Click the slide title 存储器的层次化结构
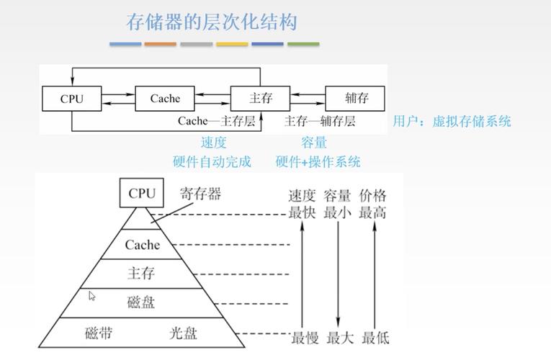pos(212,22)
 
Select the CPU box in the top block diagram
pos(71,99)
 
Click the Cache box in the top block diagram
pos(165,99)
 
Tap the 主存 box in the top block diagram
pos(260,99)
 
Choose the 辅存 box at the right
pos(356,99)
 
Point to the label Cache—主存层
pos(217,121)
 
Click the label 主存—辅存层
pos(320,121)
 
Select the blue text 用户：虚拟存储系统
pos(452,121)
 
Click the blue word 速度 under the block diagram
pos(213,143)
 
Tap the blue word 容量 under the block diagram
pos(314,143)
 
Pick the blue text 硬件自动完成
pos(212,161)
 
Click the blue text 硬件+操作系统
pos(318,161)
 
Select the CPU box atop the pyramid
pos(142,193)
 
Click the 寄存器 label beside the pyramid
pos(200,194)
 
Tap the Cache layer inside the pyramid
pos(142,245)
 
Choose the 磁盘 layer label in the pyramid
pos(141,302)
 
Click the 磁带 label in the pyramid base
pos(99,333)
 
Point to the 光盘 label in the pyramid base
pos(183,333)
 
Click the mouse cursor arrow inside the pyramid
pos(92,296)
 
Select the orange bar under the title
pos(160,44)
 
